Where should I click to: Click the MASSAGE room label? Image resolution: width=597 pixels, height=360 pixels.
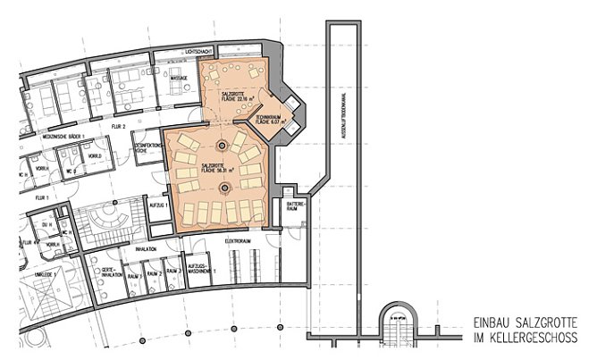(178, 79)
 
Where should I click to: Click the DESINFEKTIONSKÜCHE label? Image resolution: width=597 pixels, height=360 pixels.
(147, 148)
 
